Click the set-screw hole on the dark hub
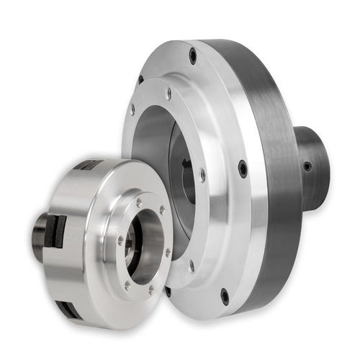[x=307, y=166]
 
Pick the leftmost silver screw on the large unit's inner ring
[x=132, y=109]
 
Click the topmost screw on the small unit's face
[x=139, y=202]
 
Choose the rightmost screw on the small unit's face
[x=168, y=253]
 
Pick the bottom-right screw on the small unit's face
[x=150, y=289]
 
